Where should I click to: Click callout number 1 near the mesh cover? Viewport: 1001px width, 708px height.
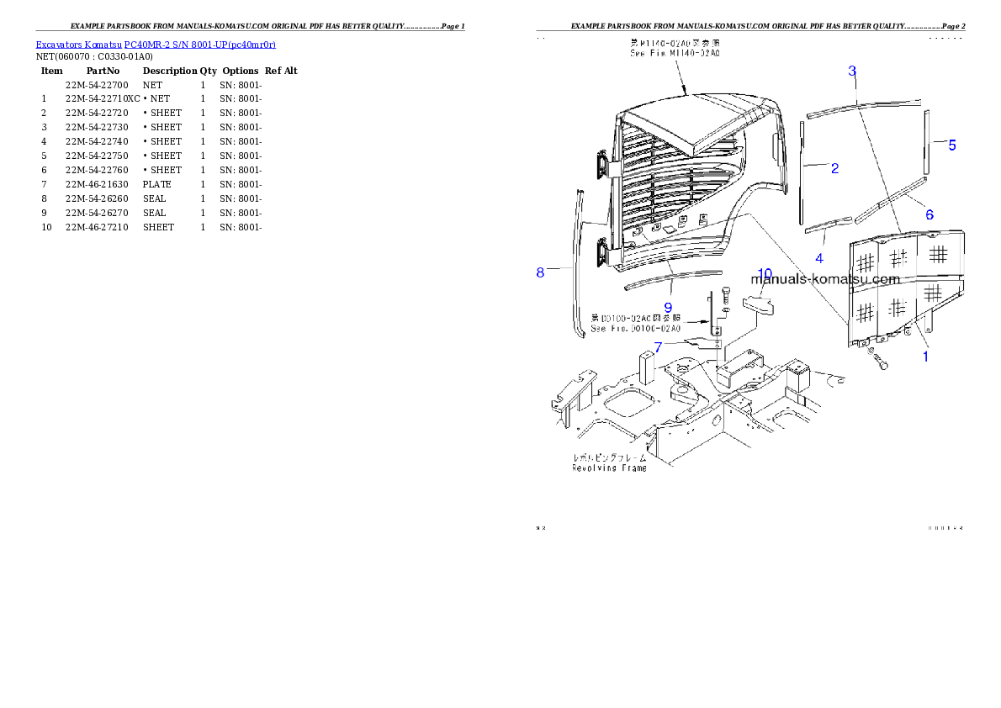coord(925,357)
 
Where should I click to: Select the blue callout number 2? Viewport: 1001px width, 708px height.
coord(834,169)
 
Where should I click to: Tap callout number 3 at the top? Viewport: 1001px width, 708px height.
coord(852,71)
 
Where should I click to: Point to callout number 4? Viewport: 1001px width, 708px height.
coord(819,257)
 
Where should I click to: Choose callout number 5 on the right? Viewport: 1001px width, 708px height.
coord(952,145)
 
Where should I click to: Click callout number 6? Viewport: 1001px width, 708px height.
coord(929,214)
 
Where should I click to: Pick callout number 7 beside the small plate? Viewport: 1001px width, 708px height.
coord(658,346)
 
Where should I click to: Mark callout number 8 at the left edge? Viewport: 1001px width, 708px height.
coord(540,272)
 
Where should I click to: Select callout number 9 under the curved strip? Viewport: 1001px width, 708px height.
coord(668,308)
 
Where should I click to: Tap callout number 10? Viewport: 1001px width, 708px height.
coord(765,273)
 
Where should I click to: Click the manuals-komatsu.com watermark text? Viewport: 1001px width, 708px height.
coord(825,279)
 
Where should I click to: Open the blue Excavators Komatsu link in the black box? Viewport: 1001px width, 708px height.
coord(156,44)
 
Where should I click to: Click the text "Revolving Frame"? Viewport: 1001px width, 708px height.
coord(610,468)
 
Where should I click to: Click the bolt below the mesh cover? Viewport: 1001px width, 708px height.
coord(882,363)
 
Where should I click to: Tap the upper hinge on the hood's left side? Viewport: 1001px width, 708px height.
coord(603,165)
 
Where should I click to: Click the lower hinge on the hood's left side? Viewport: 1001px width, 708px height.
coord(603,251)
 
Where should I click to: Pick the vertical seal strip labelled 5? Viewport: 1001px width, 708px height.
coord(926,143)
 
